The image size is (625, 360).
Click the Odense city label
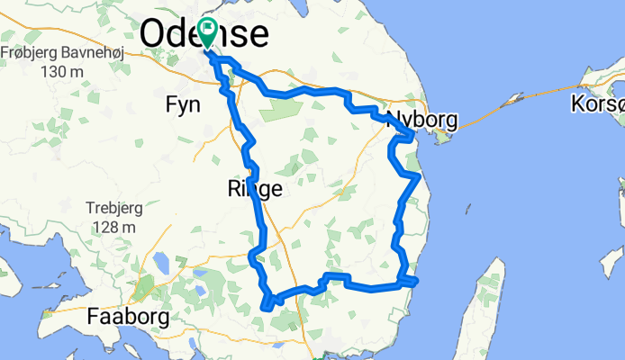[204, 34]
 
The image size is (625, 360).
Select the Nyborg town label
[423, 120]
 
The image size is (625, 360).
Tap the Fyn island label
[183, 105]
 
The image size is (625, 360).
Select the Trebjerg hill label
[115, 208]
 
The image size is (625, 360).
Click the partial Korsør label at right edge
[596, 104]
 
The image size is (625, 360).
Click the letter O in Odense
[156, 34]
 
